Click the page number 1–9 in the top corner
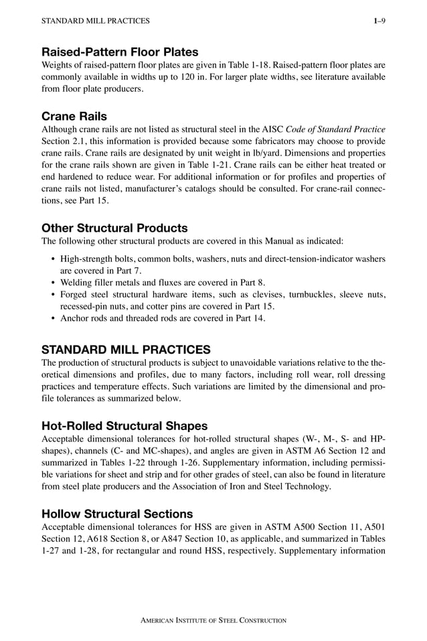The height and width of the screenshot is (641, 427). (x=379, y=21)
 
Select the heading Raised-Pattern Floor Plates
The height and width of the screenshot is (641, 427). (x=120, y=52)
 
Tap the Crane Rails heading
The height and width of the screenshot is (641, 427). (x=74, y=116)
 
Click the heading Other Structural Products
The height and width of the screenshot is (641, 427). (x=114, y=228)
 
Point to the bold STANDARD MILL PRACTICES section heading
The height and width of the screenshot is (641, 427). (x=126, y=349)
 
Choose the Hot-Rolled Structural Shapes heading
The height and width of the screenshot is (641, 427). (x=124, y=425)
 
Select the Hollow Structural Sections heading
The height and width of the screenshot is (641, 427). (x=117, y=514)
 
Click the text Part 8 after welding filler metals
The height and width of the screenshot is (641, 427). (x=251, y=282)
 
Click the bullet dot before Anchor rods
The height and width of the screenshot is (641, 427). (x=53, y=318)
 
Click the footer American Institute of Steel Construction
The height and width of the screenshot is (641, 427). (x=213, y=620)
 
